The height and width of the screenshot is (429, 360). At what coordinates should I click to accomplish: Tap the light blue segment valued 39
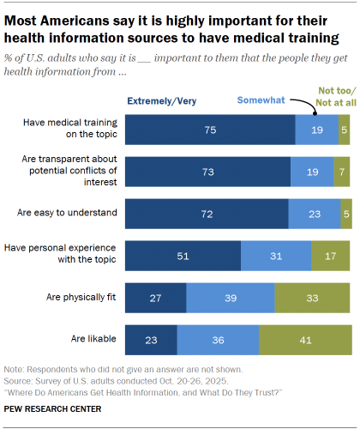click(x=231, y=297)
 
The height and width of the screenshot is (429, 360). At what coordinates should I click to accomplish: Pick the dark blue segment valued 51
click(x=183, y=255)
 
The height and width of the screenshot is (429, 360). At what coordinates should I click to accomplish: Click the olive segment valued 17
click(x=331, y=255)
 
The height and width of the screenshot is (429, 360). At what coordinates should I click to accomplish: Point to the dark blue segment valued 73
click(x=207, y=171)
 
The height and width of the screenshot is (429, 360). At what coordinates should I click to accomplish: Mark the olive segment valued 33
click(x=312, y=297)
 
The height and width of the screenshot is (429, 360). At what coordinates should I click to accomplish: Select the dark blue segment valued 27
click(x=156, y=297)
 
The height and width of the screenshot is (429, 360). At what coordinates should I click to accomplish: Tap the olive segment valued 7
click(x=341, y=171)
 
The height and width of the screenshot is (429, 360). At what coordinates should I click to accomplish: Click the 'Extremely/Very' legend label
click(x=163, y=101)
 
